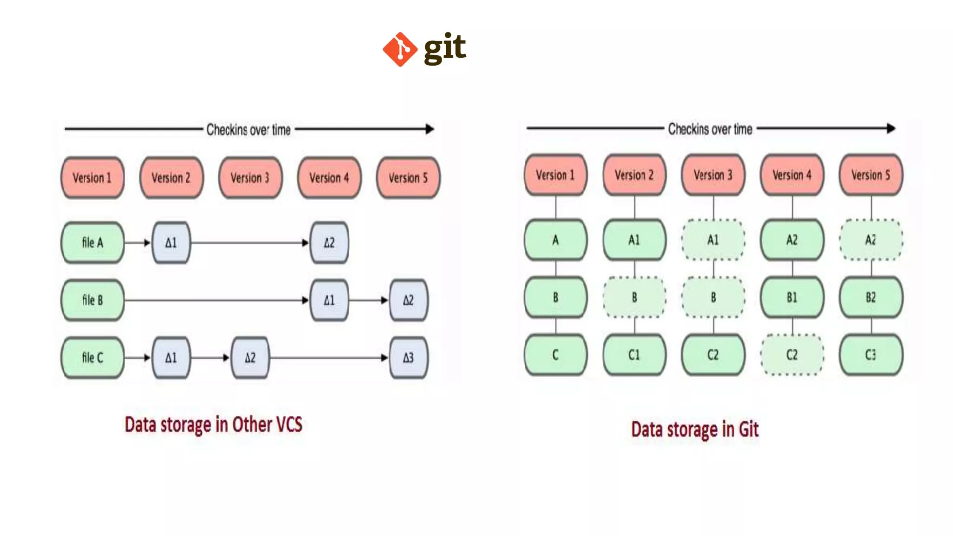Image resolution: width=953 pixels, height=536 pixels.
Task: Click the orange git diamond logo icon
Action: pos(399,49)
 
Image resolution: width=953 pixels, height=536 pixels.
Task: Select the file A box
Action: pos(93,242)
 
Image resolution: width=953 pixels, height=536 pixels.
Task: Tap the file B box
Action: pos(93,300)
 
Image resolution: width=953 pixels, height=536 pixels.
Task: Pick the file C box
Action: pos(93,357)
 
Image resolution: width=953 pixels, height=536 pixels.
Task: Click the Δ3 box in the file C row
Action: pos(408,357)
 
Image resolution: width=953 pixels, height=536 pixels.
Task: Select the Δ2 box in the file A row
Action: pos(329,242)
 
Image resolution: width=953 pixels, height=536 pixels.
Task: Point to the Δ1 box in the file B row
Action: pos(329,300)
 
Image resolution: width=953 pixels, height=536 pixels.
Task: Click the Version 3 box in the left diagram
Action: pos(250,178)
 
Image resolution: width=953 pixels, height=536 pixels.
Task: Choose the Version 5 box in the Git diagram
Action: pos(871,175)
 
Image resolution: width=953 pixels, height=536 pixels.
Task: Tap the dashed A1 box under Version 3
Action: pos(713,240)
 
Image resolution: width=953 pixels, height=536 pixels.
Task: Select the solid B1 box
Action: pos(792,297)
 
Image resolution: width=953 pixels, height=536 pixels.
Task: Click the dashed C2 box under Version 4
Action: pos(792,355)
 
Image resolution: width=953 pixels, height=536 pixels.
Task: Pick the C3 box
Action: pos(871,355)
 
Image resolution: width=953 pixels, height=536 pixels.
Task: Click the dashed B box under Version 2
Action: pos(634,297)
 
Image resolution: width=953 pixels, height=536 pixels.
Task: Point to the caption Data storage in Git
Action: pos(695,429)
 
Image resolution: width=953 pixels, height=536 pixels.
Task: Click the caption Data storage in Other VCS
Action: pos(214,424)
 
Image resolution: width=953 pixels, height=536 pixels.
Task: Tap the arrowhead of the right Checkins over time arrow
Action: pos(891,128)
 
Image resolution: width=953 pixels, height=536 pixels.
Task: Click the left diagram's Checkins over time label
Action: pos(248,129)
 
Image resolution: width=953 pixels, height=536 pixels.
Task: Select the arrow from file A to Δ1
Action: pos(138,242)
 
